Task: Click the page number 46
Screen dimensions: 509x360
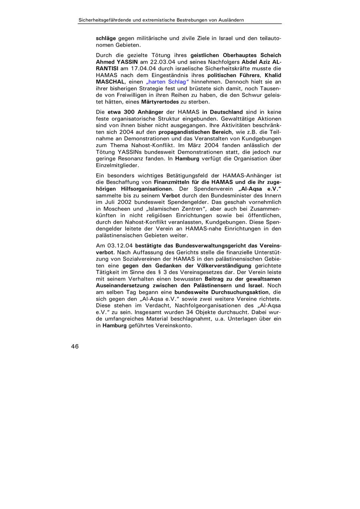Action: coord(75,347)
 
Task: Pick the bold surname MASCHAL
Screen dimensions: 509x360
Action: coord(110,82)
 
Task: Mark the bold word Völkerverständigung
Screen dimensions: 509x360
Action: coord(221,265)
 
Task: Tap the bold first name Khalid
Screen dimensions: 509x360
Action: coord(273,75)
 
